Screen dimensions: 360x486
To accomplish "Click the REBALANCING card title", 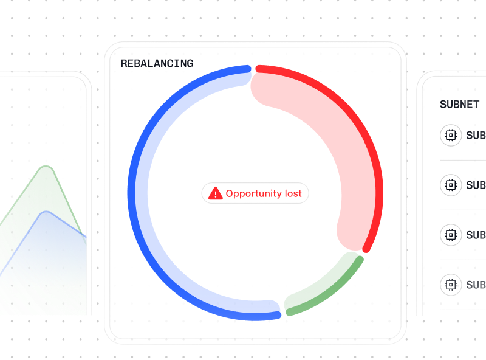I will pyautogui.click(x=157, y=63).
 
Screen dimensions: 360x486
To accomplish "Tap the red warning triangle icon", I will pyautogui.click(x=216, y=194).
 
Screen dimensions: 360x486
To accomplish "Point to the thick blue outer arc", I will pyautogui.click(x=131, y=193).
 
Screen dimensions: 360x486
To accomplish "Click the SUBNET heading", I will pyautogui.click(x=459, y=105).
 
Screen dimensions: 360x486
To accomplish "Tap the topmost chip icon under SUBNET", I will pyautogui.click(x=451, y=135).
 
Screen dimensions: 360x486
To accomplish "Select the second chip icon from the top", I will pyautogui.click(x=451, y=185).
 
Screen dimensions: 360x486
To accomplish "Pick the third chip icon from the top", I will pyautogui.click(x=451, y=235).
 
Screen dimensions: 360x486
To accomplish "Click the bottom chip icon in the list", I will pyautogui.click(x=451, y=285).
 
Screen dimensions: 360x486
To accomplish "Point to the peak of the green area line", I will pyautogui.click(x=46, y=166).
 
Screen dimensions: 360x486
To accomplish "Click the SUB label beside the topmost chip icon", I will pyautogui.click(x=476, y=136).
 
